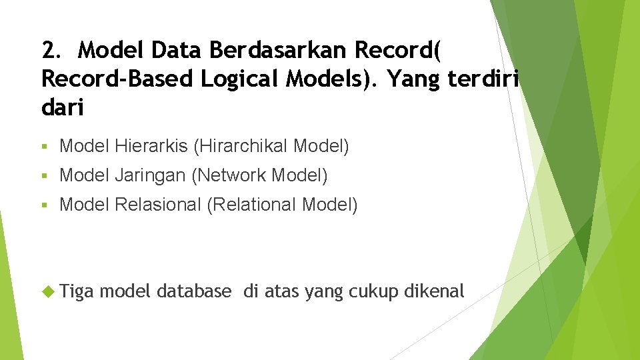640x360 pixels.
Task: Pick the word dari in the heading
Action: (63, 108)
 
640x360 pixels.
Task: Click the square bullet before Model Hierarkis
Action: (44, 146)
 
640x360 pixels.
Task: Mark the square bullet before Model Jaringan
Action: (44, 176)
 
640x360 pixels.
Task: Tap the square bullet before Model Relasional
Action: (44, 205)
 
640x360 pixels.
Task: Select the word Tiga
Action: (77, 291)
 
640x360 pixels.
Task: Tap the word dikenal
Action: (433, 291)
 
